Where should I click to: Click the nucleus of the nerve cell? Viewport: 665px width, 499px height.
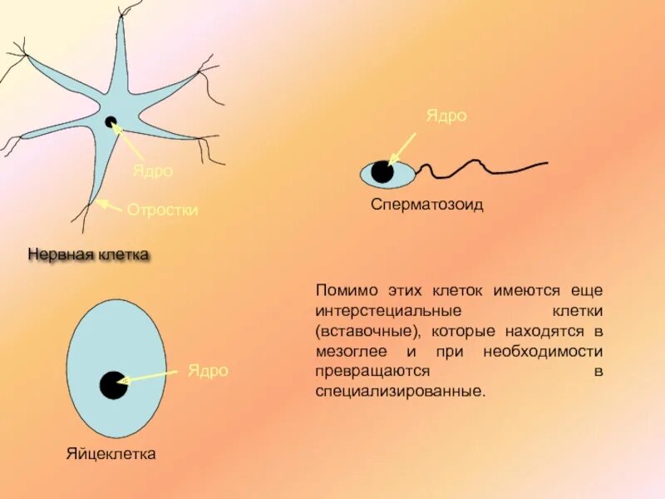[111, 122]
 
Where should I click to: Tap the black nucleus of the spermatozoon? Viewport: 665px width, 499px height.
[382, 172]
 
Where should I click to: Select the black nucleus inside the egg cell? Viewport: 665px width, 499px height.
[112, 385]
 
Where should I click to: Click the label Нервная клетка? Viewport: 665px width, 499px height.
[88, 254]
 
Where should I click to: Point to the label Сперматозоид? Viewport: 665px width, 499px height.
[426, 205]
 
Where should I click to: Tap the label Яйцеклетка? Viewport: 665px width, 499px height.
[111, 454]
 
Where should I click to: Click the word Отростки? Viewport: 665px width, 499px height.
[162, 210]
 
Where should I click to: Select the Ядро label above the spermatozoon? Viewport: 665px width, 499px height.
[446, 116]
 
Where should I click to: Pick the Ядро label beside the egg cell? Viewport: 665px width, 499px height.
[208, 371]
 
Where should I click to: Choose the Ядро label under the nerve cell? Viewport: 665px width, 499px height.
[153, 170]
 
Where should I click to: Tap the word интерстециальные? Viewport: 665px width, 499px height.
[388, 311]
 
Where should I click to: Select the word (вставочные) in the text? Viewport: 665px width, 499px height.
[362, 331]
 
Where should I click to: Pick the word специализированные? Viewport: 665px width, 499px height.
[398, 391]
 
